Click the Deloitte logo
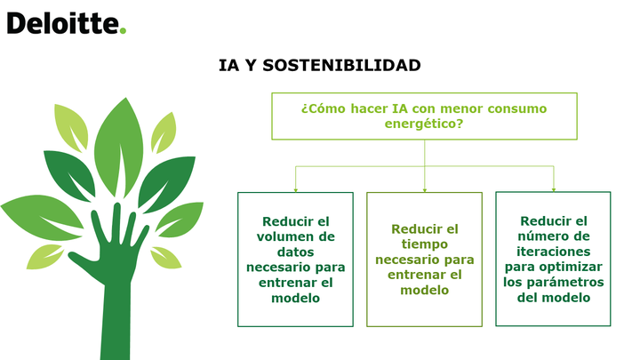click(x=67, y=23)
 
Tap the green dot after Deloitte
click(x=123, y=30)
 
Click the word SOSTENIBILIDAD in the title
click(x=341, y=65)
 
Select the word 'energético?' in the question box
click(x=424, y=124)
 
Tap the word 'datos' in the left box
click(x=295, y=252)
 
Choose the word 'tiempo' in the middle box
click(x=425, y=244)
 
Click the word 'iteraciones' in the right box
click(x=554, y=252)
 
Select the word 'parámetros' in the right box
click(x=575, y=283)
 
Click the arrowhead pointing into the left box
click(x=295, y=190)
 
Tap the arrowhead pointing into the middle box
click(x=425, y=190)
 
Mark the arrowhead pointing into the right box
click(x=554, y=189)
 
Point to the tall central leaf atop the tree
click(x=119, y=147)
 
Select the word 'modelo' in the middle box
click(x=425, y=290)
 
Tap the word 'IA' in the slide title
click(x=228, y=65)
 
